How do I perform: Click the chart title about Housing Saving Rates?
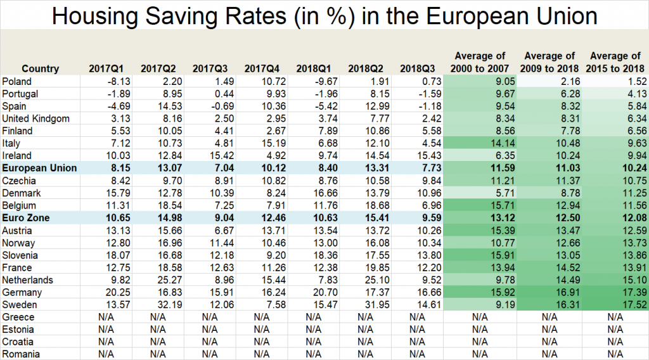point(324,15)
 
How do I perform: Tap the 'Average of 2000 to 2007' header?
point(480,62)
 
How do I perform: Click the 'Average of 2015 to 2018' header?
point(614,62)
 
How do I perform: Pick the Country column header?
point(40,68)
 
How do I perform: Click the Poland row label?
point(17,81)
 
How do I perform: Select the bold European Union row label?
point(39,168)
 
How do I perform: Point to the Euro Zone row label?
point(27,217)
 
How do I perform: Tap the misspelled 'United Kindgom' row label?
point(35,119)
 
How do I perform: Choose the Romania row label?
point(21,354)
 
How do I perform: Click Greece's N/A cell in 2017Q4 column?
point(260,317)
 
